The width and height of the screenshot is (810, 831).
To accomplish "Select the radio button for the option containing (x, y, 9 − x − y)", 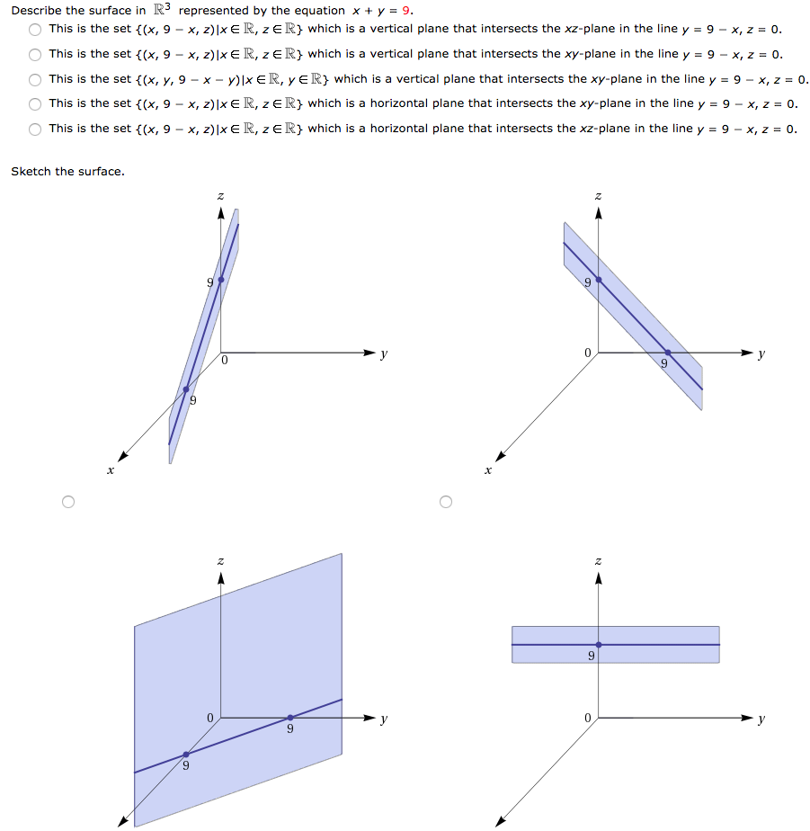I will click(35, 79).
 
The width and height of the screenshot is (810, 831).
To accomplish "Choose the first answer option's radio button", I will click(35, 29).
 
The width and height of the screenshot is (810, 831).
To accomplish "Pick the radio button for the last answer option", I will click(35, 129).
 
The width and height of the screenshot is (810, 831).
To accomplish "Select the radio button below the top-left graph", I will click(67, 501).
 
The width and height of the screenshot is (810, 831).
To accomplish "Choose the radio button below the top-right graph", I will click(444, 501).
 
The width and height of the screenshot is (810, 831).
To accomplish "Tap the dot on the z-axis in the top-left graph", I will click(221, 280).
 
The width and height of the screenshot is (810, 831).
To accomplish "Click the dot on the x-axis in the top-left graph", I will click(186, 389).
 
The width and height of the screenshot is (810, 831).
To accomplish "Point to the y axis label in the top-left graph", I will click(384, 353).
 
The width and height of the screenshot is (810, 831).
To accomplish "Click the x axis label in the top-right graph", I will click(488, 469).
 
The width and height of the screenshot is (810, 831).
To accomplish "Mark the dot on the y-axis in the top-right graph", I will click(667, 353).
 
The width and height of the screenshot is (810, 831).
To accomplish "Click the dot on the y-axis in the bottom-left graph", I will click(289, 718).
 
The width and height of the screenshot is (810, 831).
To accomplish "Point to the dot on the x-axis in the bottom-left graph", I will click(186, 754).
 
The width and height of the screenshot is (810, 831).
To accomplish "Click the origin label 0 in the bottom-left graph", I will click(209, 718).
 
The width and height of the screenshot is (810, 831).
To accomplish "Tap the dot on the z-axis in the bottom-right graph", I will click(598, 644).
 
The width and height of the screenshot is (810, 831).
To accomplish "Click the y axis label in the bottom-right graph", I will click(761, 719).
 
